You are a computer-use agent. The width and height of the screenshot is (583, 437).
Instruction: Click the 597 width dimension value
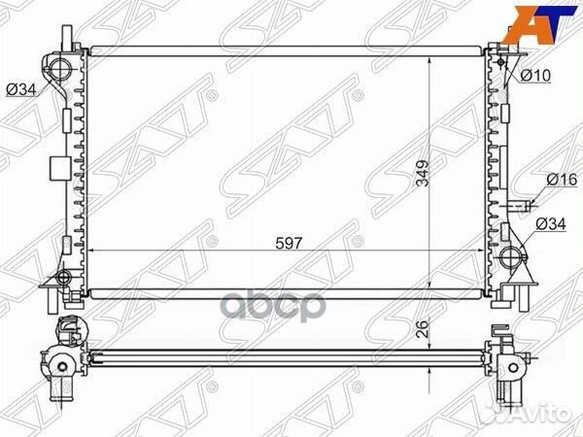(289, 243)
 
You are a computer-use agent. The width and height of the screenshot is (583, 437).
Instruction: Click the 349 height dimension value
(423, 174)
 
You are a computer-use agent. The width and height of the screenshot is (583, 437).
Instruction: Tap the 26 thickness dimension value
(423, 328)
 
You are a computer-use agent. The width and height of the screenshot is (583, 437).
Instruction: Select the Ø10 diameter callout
(535, 76)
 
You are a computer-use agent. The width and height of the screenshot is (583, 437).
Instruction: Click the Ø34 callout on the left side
(22, 89)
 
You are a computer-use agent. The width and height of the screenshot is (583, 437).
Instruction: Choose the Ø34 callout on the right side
(551, 224)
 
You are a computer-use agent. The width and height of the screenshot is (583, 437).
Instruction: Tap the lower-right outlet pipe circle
(510, 256)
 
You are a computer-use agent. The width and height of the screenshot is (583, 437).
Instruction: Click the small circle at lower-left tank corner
(64, 277)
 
